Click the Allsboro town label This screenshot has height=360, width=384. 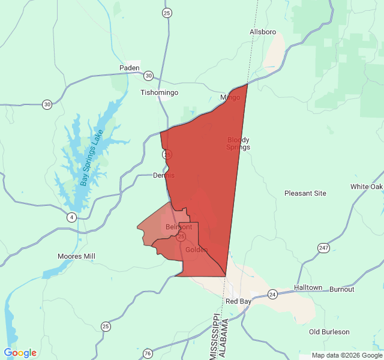tap(262, 31)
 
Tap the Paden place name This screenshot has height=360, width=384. tap(129, 68)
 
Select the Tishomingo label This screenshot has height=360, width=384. tap(159, 92)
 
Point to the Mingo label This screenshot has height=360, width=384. tap(230, 97)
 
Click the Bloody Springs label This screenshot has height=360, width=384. tap(238, 143)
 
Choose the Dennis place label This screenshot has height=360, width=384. tap(164, 175)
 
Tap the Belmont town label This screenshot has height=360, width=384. tap(179, 227)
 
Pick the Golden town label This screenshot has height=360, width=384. tap(196, 250)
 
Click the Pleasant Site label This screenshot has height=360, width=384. tap(305, 193)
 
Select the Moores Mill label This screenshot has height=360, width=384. tap(76, 256)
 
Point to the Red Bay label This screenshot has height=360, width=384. tap(238, 301)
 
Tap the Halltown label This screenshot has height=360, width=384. tap(308, 288)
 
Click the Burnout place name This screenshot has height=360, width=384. tap(342, 289)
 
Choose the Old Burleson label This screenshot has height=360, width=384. tap(329, 332)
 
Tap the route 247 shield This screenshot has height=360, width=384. tap(324, 248)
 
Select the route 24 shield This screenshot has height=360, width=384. tap(272, 294)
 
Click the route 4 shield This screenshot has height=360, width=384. tap(71, 217)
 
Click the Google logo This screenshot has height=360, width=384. tap(20, 353)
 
